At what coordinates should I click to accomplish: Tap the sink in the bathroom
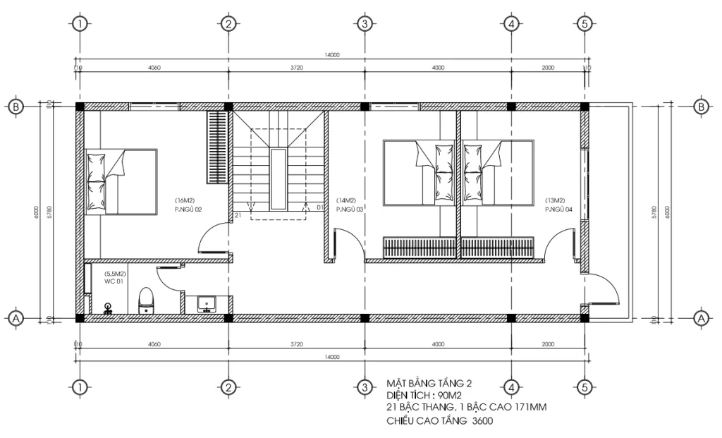[x=207, y=303]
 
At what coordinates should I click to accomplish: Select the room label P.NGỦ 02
[x=188, y=209]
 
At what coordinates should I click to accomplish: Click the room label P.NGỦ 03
[x=349, y=209]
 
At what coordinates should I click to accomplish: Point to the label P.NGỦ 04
[x=559, y=209]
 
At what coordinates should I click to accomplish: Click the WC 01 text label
[x=115, y=282]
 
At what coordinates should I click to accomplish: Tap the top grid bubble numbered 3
[x=365, y=24]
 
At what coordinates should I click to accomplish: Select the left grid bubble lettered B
[x=16, y=107]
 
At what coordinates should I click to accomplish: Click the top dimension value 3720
[x=296, y=68]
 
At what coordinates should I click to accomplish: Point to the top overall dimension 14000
[x=331, y=54]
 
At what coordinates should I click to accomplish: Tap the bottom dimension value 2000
[x=548, y=344]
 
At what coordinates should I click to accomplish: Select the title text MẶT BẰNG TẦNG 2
[x=429, y=383]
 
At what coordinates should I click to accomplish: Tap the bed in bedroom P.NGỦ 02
[x=121, y=181]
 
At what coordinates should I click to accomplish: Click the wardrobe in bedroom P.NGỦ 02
[x=216, y=147]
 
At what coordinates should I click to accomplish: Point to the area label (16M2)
[x=185, y=200]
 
